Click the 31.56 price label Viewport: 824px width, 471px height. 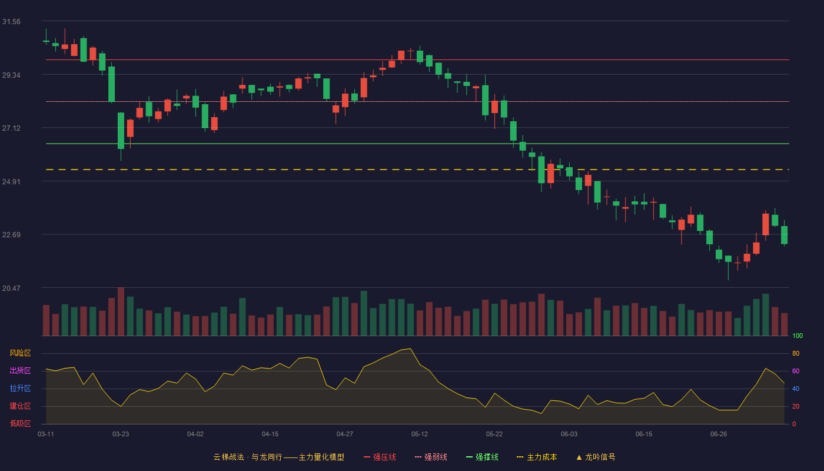pos(11,22)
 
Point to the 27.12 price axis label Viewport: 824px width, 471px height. pos(11,128)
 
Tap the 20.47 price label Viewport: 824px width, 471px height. pos(11,288)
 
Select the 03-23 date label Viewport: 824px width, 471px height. pos(121,434)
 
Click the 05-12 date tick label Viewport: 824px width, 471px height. pos(420,434)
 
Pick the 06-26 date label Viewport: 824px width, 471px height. pos(719,434)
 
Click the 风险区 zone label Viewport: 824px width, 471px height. pos(20,353)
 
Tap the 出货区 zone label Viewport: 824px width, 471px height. pos(20,370)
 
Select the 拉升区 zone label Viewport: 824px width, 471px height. pos(20,388)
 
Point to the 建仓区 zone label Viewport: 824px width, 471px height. pos(20,406)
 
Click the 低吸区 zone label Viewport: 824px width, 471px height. pos(20,423)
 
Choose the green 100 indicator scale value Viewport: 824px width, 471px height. pos(798,336)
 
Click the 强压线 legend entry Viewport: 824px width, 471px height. pos(380,457)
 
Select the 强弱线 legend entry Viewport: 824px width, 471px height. pos(431,457)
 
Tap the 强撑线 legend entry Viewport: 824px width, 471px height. pos(482,457)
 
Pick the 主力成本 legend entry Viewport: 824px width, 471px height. pos(537,457)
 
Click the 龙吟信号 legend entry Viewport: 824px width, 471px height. pos(596,457)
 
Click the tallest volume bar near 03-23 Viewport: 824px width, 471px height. pos(121,311)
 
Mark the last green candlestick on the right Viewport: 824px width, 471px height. pos(784,235)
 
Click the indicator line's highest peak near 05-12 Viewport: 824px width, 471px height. pos(410,349)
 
